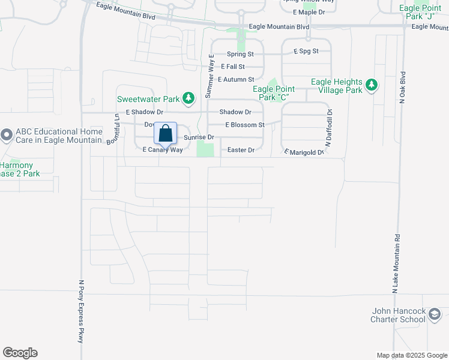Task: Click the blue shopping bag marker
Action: click(x=166, y=133)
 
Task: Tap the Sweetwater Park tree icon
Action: click(x=189, y=98)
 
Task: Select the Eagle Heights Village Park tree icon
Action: click(x=372, y=85)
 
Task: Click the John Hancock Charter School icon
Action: click(x=435, y=314)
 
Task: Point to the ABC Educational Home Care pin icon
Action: click(x=7, y=135)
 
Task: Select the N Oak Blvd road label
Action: click(x=403, y=89)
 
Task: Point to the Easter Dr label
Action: click(x=241, y=150)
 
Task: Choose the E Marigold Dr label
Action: click(x=304, y=152)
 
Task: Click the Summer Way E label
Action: click(x=210, y=76)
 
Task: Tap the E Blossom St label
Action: click(x=245, y=125)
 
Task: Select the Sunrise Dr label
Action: click(x=199, y=137)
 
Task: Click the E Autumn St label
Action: click(x=237, y=79)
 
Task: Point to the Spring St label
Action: click(x=241, y=54)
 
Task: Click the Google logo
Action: click(x=20, y=353)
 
